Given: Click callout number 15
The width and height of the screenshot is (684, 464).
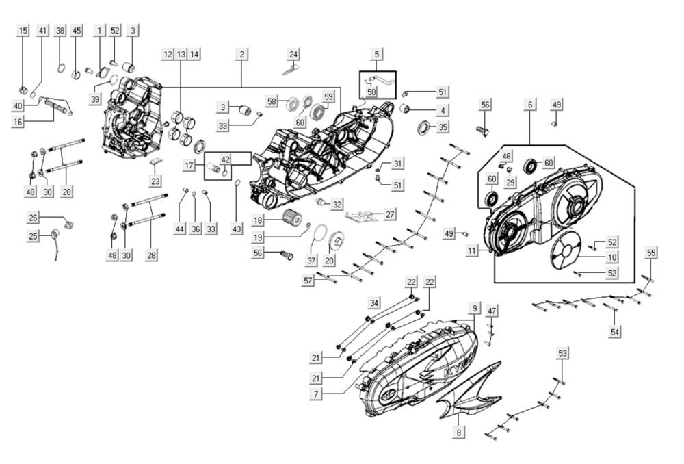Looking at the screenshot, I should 23,31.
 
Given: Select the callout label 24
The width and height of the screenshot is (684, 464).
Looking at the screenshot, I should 293,54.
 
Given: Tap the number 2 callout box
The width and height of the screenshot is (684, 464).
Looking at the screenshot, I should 242,54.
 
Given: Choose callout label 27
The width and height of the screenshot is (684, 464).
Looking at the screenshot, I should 390,214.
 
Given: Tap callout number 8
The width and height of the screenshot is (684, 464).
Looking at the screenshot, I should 459,433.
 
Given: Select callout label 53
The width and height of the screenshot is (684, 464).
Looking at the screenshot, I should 562,353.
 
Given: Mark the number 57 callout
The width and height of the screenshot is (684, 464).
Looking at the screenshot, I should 308,280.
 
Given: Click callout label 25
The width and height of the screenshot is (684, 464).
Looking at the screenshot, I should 33,237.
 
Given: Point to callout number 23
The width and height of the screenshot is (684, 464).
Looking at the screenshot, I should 156,181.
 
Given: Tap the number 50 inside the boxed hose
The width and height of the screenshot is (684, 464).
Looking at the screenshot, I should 371,92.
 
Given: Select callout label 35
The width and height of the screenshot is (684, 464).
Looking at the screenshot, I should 443,127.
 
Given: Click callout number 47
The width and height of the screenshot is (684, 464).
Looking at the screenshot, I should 492,311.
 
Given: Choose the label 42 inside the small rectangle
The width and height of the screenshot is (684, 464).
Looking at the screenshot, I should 225,159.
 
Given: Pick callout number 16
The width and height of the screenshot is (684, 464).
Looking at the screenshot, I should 18,121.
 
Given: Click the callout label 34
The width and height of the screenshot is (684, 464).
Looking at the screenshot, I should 373,302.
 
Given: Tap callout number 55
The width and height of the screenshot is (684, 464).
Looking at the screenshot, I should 651,253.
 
